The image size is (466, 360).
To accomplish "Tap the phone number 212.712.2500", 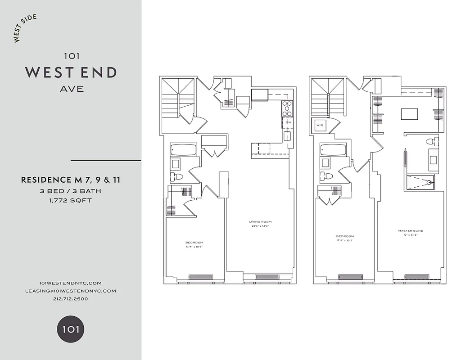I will click(x=71, y=299).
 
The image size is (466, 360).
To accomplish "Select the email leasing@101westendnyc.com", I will click(x=71, y=291).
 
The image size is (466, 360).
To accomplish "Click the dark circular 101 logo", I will click(x=71, y=329).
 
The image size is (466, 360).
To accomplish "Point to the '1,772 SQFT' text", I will click(x=71, y=200).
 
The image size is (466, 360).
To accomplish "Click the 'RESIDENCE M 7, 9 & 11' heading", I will click(x=71, y=180).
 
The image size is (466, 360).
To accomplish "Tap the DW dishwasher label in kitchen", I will click(x=288, y=122).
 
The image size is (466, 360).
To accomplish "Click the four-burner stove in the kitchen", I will click(x=287, y=108).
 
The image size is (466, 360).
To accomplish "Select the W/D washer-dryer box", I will click(x=321, y=125).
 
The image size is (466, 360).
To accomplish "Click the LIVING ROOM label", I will click(x=260, y=221).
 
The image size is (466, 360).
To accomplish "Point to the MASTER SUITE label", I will click(x=411, y=231).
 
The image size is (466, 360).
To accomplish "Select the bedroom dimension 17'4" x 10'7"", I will click(x=345, y=241).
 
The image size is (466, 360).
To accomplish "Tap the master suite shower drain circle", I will click(x=430, y=182).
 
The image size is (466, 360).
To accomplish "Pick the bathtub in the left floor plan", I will click(x=183, y=150).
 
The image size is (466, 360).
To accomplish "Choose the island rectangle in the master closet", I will click(x=409, y=114).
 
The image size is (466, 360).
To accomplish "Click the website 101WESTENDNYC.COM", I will click(x=71, y=283).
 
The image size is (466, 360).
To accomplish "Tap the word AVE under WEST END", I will click(x=72, y=89).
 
